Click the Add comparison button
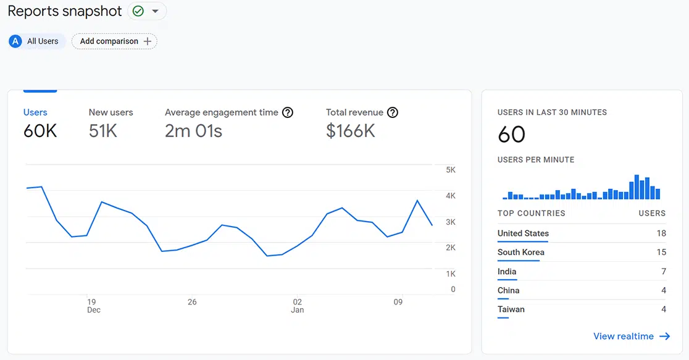114,41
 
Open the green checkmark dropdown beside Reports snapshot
147,11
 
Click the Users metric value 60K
40,131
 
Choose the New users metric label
111,112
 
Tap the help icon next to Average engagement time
287,112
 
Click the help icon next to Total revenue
392,112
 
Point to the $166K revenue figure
350,131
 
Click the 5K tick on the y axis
450,170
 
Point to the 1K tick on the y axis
450,274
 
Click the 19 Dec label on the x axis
92,306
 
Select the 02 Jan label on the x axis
298,306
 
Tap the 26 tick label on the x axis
192,302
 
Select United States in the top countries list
523,233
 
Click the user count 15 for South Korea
661,252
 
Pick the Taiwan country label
511,309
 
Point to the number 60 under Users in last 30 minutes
511,134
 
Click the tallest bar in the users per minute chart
637,187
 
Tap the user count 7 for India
663,272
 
